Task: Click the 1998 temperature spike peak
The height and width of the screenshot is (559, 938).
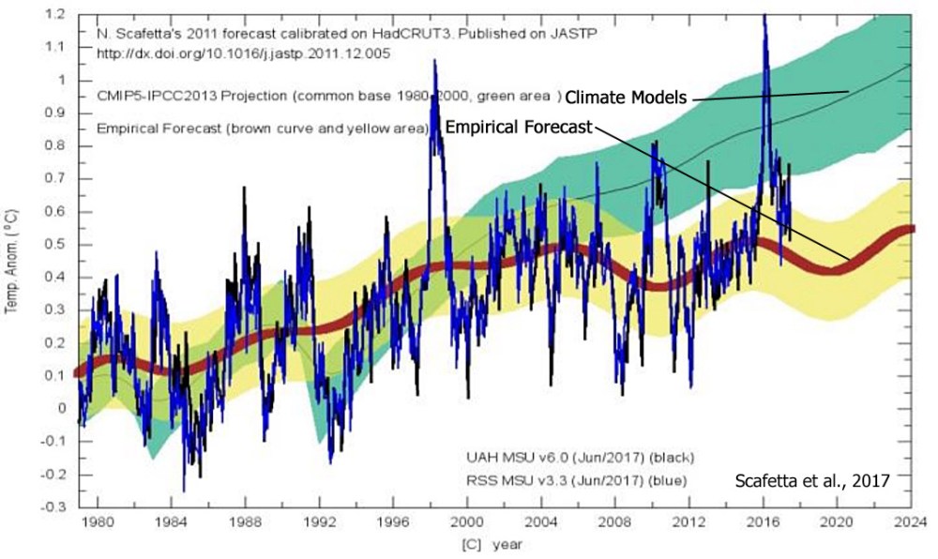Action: (433, 61)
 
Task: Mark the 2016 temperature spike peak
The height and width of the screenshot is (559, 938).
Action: (764, 16)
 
